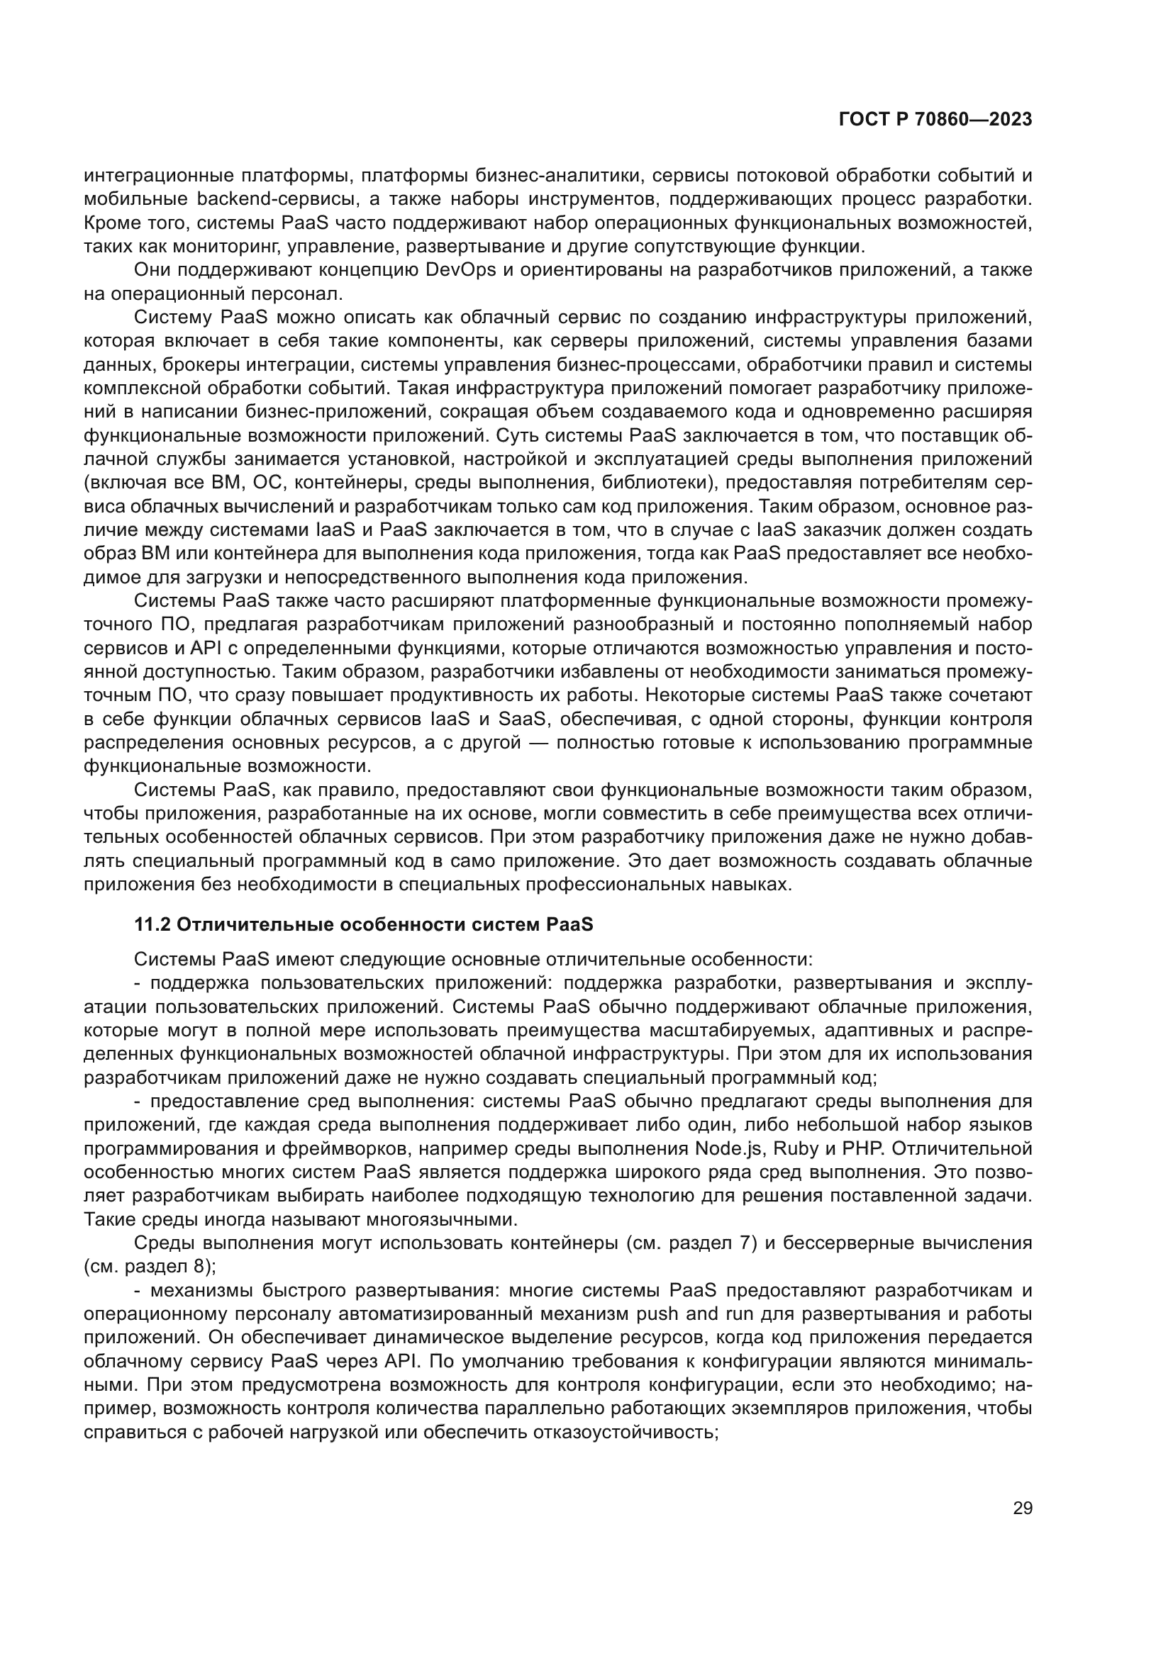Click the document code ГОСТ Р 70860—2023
click(x=935, y=120)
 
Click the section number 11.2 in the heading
click(x=152, y=924)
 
